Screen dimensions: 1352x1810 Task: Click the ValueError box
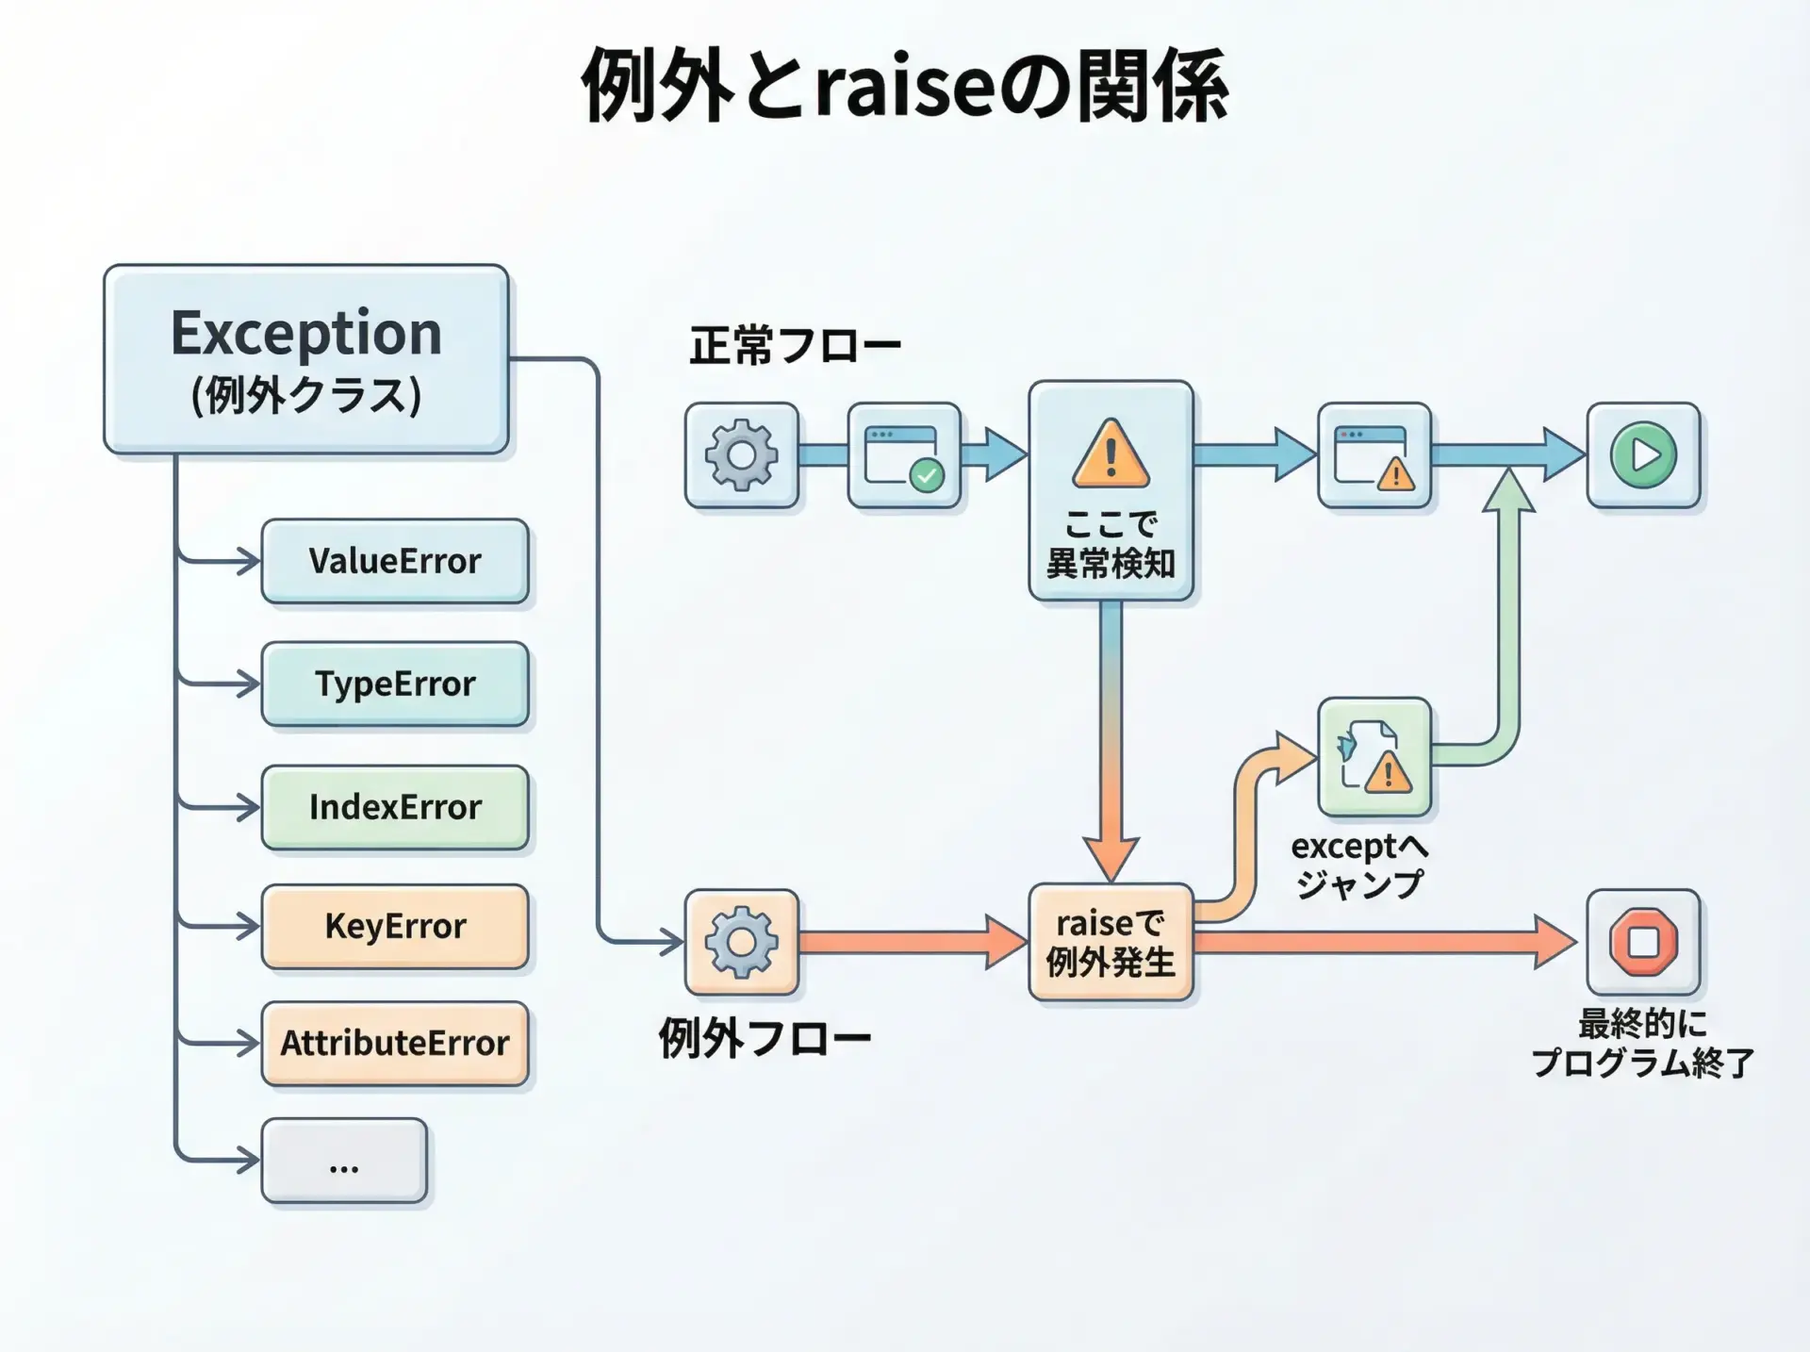pos(394,561)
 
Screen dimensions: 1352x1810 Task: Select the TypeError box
pos(394,684)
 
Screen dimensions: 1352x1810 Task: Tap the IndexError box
pos(394,807)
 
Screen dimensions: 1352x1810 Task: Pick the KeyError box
pos(394,926)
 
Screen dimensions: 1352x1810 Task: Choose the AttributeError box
pos(394,1043)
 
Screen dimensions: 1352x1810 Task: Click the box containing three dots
pos(344,1161)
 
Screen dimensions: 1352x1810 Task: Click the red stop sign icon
pos(1643,942)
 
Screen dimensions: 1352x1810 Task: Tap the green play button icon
pos(1643,455)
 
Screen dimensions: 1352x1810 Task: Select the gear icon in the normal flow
pos(742,455)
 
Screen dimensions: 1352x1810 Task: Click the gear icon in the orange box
pos(742,942)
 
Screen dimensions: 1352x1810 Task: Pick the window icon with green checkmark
pos(904,456)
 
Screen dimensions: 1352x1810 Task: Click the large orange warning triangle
pos(1111,454)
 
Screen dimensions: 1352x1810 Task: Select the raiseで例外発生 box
pos(1111,942)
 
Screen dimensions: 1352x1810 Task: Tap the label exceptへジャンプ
pos(1359,865)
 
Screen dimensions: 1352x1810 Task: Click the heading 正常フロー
pos(795,345)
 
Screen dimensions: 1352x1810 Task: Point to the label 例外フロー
pos(765,1038)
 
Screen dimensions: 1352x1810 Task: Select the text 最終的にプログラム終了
pos(1642,1043)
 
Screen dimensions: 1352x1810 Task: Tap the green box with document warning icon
pos(1374,757)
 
